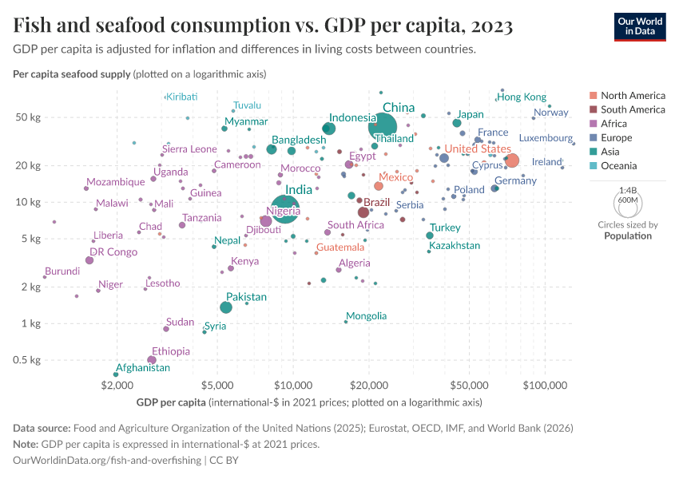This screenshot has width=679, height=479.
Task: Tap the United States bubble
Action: tap(512, 161)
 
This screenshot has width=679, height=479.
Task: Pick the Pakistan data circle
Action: tap(226, 307)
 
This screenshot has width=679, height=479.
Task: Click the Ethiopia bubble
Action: tap(152, 360)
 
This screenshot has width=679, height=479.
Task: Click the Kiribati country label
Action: tap(181, 97)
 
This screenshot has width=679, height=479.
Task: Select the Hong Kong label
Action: tap(522, 97)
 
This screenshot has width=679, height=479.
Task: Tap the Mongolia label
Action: tap(366, 316)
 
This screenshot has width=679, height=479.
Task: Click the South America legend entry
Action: tap(632, 109)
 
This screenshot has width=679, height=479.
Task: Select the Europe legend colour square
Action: tap(592, 138)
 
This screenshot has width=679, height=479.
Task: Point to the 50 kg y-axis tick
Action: tap(30, 117)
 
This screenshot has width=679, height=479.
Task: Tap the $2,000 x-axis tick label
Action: tap(117, 386)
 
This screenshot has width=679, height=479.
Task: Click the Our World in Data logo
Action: tap(639, 26)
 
